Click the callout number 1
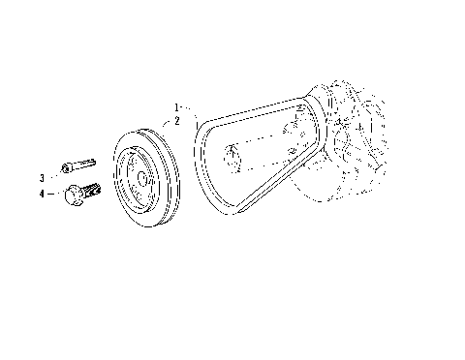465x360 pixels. coord(176,105)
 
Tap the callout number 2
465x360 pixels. coord(176,121)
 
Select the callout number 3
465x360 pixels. coord(42,178)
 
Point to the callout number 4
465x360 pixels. coord(42,195)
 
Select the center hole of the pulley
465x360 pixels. coord(141,179)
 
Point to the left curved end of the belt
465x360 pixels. coord(201,165)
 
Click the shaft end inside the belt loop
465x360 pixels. coord(230,155)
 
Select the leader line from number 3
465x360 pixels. coord(53,177)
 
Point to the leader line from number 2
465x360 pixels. coord(170,126)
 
